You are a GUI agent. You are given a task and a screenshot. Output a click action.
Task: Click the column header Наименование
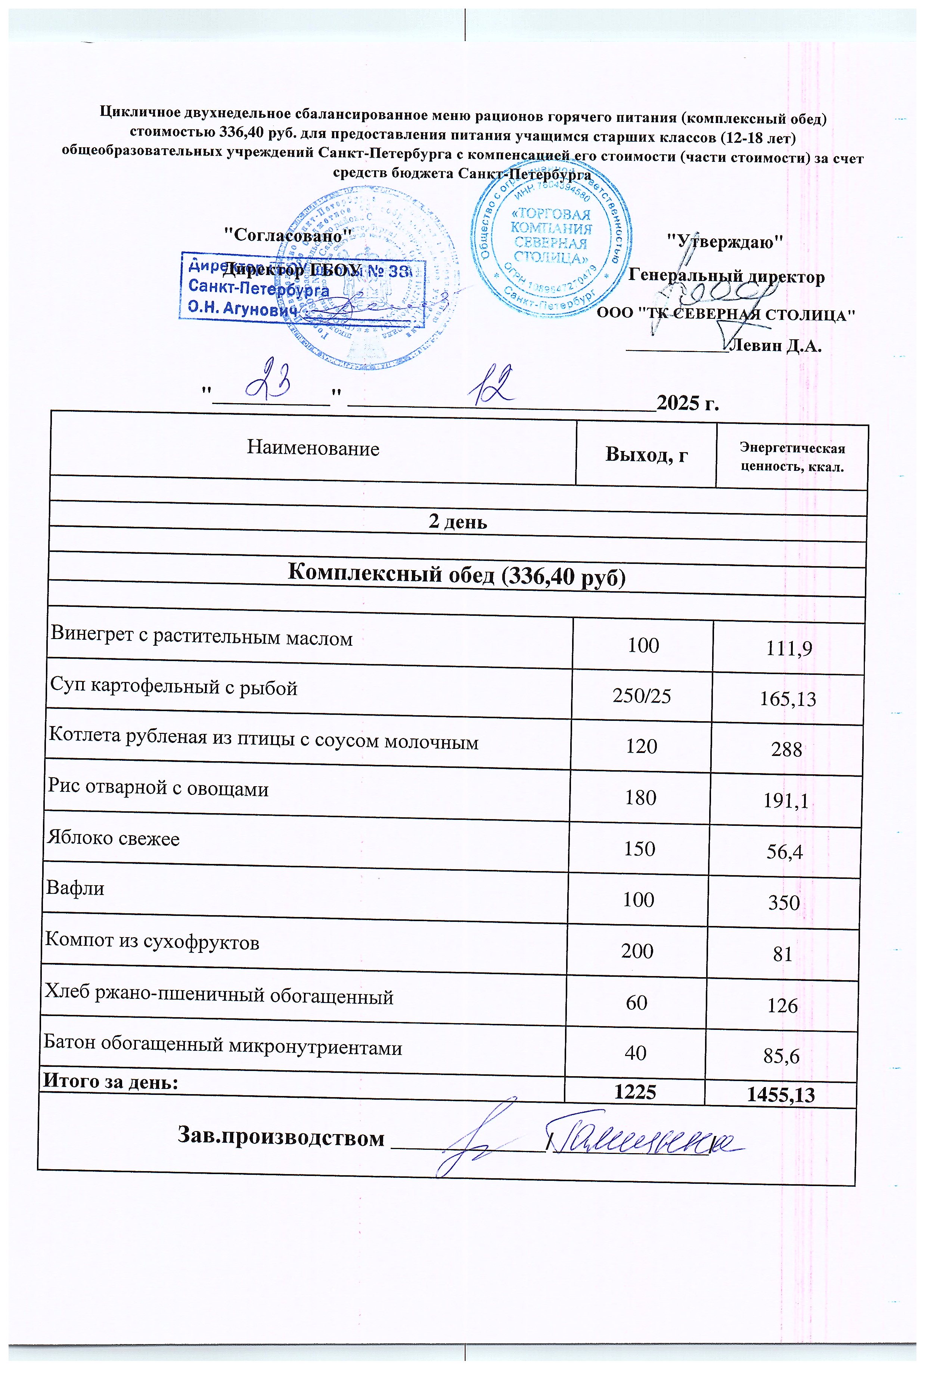(x=313, y=448)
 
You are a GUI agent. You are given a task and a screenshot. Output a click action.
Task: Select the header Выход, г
(x=646, y=454)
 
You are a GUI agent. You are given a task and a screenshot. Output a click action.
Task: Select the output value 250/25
(x=642, y=697)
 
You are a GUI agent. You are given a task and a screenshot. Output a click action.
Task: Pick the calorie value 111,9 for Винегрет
(x=788, y=649)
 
